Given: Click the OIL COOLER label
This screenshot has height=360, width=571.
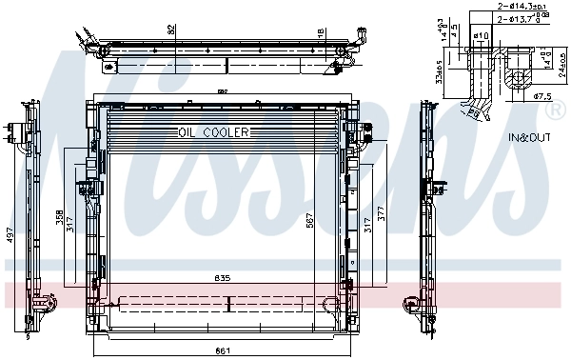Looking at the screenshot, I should pyautogui.click(x=212, y=132).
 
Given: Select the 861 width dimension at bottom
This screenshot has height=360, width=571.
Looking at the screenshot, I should pyautogui.click(x=223, y=350).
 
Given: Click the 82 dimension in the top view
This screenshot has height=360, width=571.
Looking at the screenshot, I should pyautogui.click(x=171, y=31).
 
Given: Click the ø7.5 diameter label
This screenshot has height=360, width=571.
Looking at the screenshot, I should pyautogui.click(x=543, y=96).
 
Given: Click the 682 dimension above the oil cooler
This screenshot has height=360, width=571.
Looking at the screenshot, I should pyautogui.click(x=223, y=92).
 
